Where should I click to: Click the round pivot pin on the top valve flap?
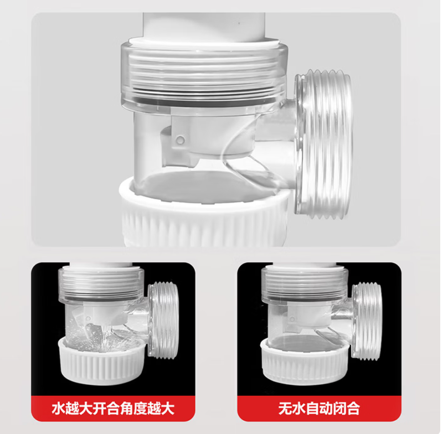(180, 139)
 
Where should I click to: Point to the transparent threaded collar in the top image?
(204, 76)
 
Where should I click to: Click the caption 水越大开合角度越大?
(113, 409)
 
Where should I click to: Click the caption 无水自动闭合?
(319, 409)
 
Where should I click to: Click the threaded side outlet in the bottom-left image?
(163, 321)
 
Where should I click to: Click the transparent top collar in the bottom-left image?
(101, 285)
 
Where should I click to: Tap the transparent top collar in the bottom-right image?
(304, 285)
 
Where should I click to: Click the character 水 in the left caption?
(58, 409)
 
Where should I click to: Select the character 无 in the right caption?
(285, 409)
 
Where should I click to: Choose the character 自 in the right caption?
(312, 409)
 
